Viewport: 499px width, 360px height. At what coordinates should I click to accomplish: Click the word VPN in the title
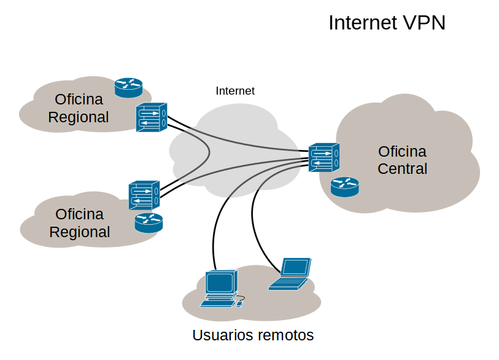[424, 23]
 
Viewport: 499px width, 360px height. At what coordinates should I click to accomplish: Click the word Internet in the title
[362, 23]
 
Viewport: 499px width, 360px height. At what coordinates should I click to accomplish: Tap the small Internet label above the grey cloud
[235, 91]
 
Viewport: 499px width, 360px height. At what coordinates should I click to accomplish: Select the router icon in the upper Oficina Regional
[128, 87]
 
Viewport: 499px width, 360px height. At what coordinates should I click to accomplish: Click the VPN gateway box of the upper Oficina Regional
[151, 117]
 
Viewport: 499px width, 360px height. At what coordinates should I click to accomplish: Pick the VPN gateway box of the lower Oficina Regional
[144, 196]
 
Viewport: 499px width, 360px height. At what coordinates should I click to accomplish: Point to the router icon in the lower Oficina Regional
[149, 222]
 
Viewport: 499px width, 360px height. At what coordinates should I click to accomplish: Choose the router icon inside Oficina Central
[344, 187]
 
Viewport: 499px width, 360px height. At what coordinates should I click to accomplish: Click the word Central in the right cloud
[402, 168]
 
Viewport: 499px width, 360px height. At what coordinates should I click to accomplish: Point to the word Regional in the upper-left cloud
[79, 117]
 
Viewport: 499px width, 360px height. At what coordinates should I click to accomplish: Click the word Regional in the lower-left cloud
[80, 232]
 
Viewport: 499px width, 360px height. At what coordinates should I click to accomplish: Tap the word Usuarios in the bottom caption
[222, 335]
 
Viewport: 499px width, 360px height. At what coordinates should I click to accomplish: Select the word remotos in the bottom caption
[285, 335]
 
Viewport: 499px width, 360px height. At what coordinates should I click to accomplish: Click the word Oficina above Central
[402, 151]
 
